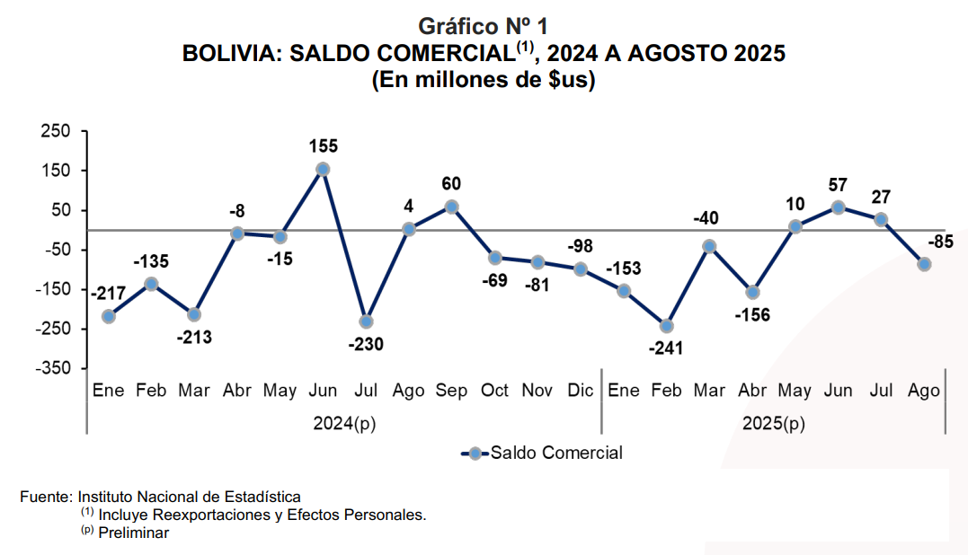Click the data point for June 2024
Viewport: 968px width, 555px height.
(x=323, y=169)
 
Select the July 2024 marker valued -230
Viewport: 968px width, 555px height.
(x=366, y=321)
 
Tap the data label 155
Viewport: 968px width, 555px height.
(x=323, y=145)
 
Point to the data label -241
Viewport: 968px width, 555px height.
(x=666, y=348)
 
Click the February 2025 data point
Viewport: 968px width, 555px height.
(x=666, y=326)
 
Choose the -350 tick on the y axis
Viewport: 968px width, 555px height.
(x=53, y=368)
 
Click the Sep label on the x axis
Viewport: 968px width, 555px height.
(x=451, y=391)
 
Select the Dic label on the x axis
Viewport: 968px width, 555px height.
(x=581, y=391)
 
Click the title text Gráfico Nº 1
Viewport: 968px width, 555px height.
(x=484, y=27)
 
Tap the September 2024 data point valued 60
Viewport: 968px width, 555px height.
(x=451, y=207)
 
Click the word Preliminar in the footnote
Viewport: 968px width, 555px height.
(x=134, y=533)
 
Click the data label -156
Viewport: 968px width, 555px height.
(x=752, y=315)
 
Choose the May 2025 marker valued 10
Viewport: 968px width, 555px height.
(x=795, y=226)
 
